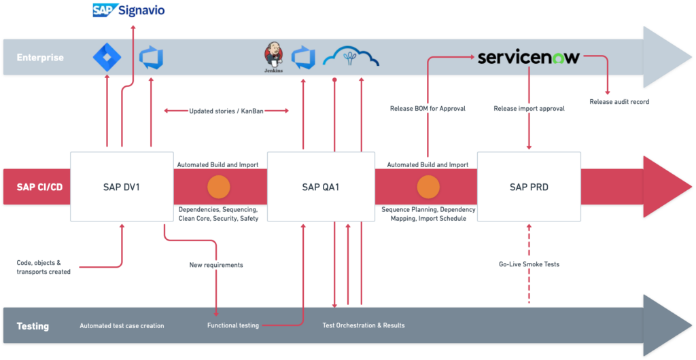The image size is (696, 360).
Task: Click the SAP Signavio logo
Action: [x=128, y=10]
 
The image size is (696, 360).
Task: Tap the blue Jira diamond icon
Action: [x=106, y=57]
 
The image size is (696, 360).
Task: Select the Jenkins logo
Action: [x=273, y=56]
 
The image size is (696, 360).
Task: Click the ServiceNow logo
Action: [x=529, y=57]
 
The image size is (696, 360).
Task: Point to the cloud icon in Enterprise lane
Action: [x=350, y=56]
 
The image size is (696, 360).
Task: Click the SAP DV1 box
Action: [x=122, y=186]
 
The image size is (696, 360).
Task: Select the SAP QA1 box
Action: [x=320, y=186]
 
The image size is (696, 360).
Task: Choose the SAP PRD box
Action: [x=529, y=186]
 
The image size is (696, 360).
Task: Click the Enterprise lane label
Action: [x=40, y=58]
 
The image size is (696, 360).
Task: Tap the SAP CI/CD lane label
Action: [x=39, y=187]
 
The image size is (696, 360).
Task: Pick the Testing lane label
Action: [x=33, y=326]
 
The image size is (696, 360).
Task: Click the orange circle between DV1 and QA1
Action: [x=219, y=186]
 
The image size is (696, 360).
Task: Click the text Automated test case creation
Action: [x=122, y=326]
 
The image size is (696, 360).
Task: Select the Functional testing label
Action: [x=233, y=326]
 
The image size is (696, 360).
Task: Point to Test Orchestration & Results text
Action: [x=364, y=326]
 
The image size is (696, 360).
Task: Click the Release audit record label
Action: [x=619, y=102]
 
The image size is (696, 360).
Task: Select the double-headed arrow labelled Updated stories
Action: [x=227, y=110]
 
